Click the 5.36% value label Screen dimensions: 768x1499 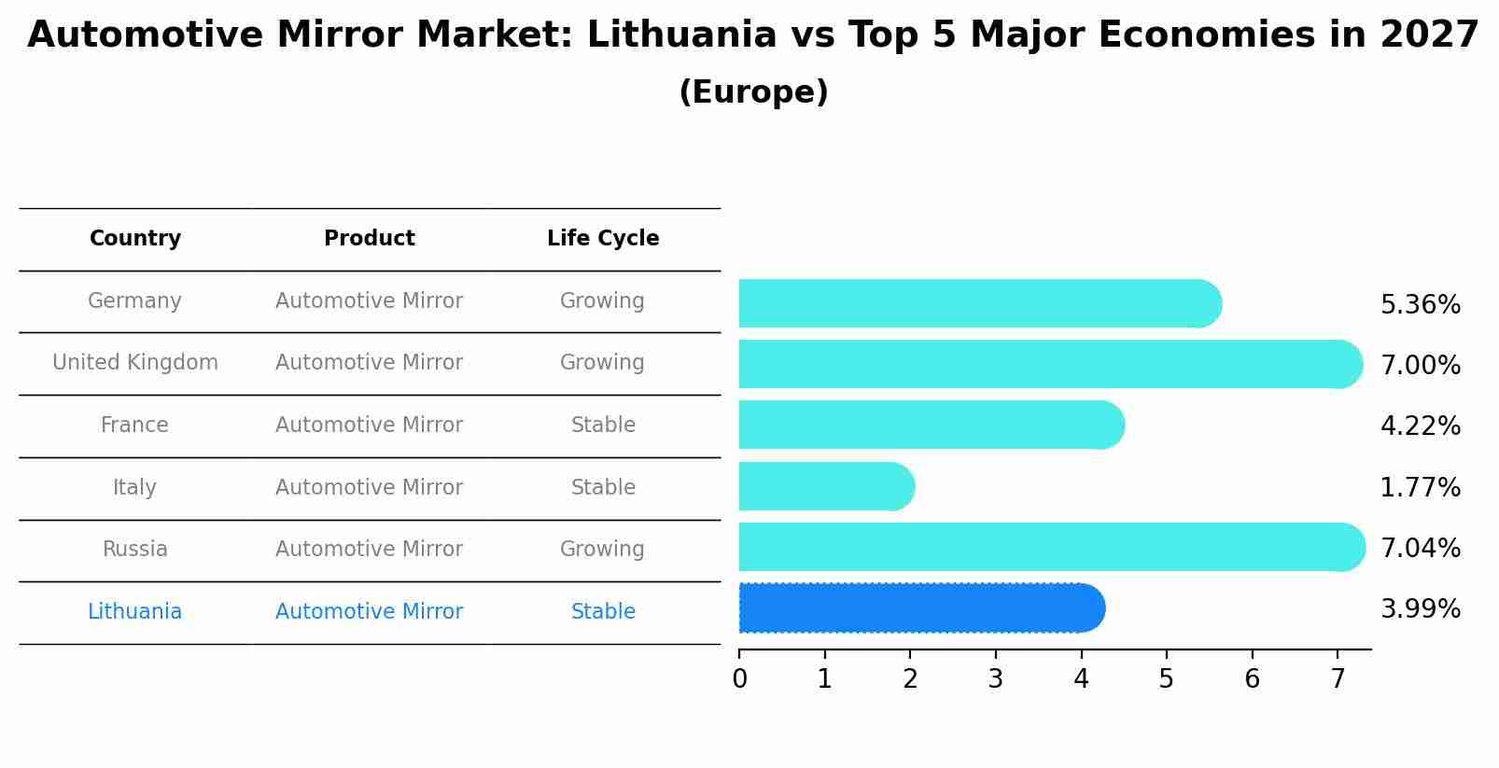(x=1420, y=305)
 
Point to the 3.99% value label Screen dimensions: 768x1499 (x=1420, y=609)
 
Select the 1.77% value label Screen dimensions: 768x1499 (x=1420, y=488)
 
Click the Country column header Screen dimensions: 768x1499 (x=135, y=239)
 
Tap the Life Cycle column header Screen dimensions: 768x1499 (x=603, y=239)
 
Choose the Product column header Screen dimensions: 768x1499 (x=370, y=239)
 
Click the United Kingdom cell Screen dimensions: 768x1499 (x=135, y=363)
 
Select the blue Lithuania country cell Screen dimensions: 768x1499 (x=135, y=612)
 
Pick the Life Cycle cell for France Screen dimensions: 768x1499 (x=603, y=426)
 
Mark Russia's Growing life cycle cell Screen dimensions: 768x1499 (x=602, y=550)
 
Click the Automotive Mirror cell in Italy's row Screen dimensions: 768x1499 (x=370, y=488)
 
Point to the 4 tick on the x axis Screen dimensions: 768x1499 (x=1081, y=679)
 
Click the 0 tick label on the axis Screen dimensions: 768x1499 (x=739, y=679)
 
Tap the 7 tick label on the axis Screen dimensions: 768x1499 (x=1338, y=679)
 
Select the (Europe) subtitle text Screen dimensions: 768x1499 (x=753, y=92)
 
